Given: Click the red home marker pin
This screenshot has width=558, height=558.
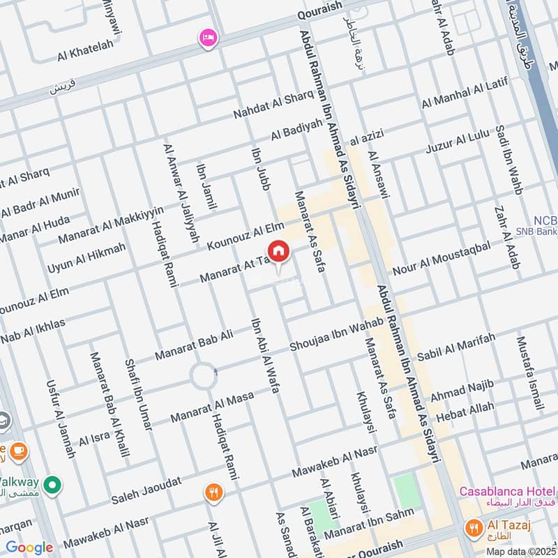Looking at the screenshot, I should point(278,251).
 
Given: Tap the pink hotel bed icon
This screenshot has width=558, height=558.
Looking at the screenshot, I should point(207,38).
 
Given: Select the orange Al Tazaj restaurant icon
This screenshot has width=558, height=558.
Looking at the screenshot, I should point(474,528).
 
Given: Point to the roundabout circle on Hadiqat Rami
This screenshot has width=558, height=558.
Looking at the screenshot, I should point(204,376).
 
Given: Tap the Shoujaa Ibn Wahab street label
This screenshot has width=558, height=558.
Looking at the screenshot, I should point(336,335).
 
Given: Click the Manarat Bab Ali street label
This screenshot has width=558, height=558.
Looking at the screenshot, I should point(194,345).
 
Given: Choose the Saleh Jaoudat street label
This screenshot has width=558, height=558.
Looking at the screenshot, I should point(146,491).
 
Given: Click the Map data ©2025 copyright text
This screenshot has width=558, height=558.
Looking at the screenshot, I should point(521,551).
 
